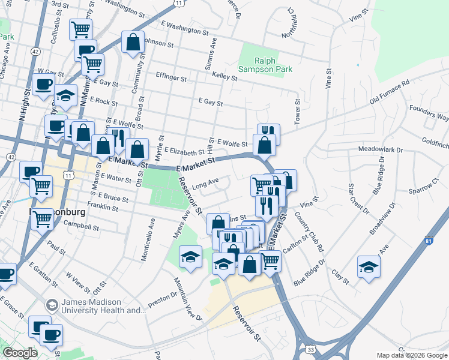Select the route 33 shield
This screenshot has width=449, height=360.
310,349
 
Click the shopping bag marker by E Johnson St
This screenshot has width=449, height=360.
133,43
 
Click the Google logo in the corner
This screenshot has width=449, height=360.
20,353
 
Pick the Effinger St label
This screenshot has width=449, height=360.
171,78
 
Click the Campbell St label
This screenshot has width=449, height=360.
83,226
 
